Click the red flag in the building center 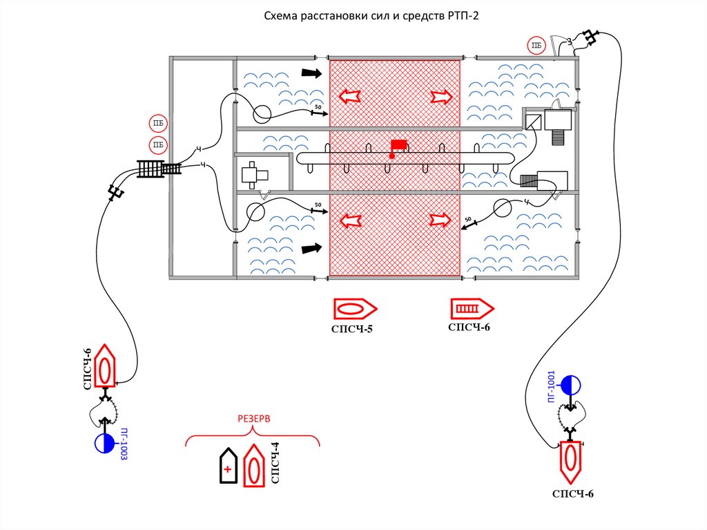pos(398,145)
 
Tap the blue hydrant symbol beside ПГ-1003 pos(104,443)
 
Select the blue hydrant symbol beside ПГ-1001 pos(571,384)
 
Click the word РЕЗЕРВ pos(254,419)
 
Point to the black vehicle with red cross pos(227,466)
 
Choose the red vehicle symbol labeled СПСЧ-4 pos(254,466)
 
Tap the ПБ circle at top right pos(536,46)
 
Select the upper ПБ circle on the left pos(158,124)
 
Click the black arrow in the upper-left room pos(312,73)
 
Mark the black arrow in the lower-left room pos(312,247)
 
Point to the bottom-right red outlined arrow pos(440,220)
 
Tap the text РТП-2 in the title pos(461,16)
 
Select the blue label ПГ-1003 pos(125,444)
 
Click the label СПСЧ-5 pos(351,329)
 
